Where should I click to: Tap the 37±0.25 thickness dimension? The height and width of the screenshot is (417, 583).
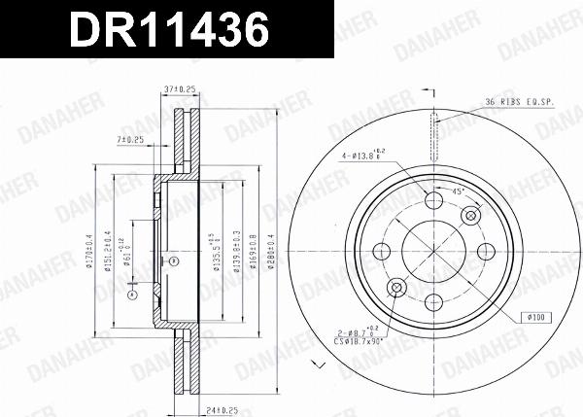pyautogui.click(x=182, y=88)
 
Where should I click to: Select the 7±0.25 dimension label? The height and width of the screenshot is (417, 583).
pyautogui.click(x=130, y=140)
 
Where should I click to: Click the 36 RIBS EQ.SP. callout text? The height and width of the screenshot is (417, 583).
pyautogui.click(x=519, y=101)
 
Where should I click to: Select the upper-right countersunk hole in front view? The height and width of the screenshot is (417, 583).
pyautogui.click(x=471, y=215)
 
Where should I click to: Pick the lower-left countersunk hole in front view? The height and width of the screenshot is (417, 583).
pyautogui.click(x=396, y=289)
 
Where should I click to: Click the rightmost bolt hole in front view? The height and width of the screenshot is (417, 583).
pyautogui.click(x=484, y=252)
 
